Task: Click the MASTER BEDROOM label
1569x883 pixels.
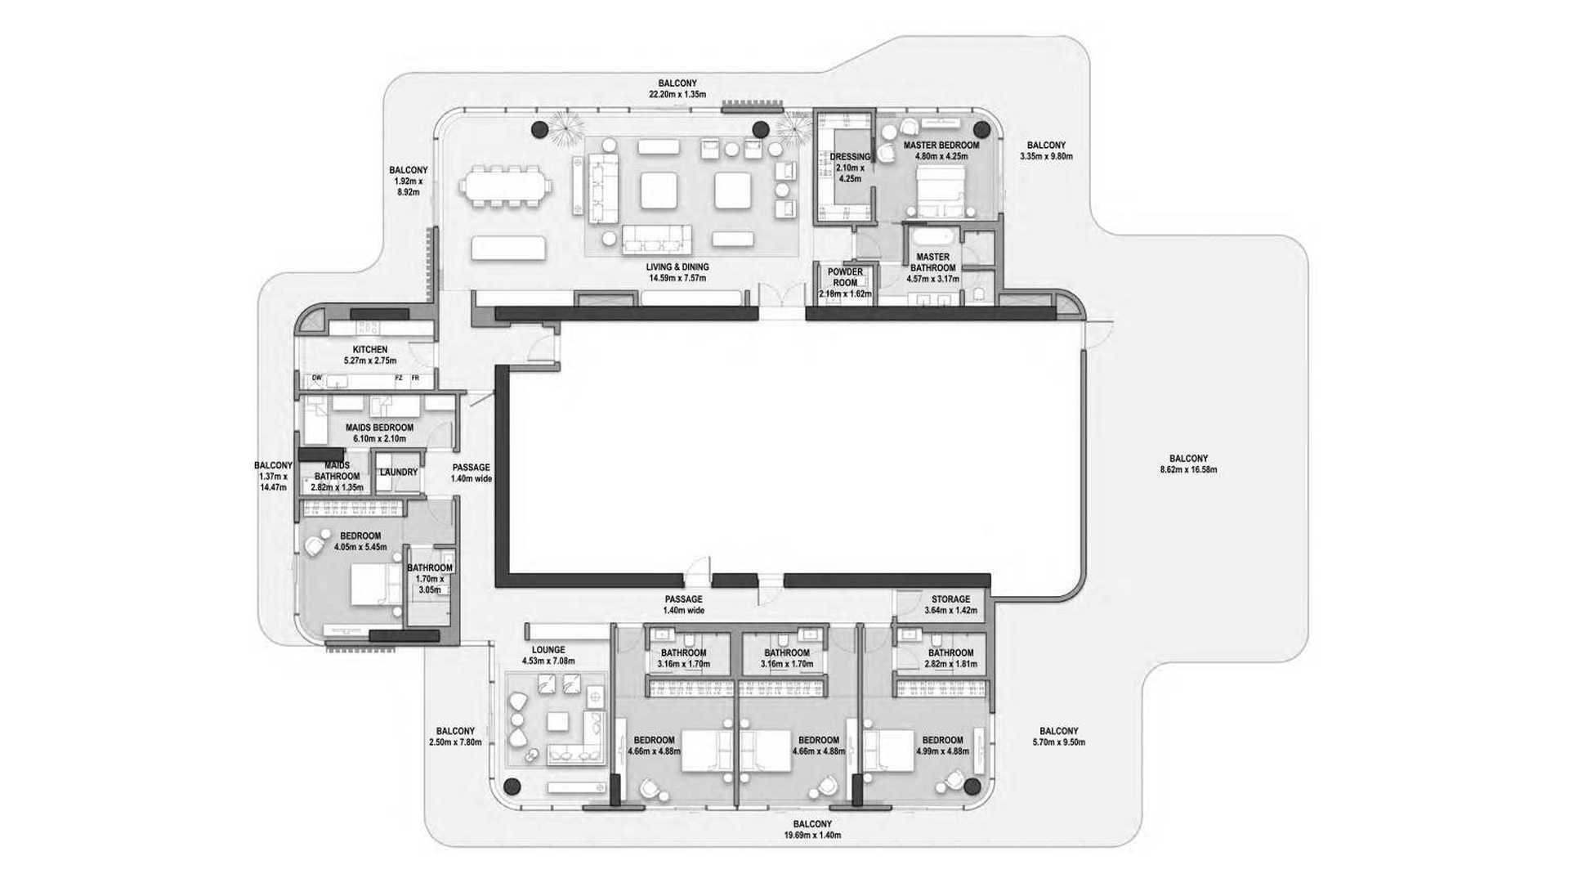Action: pos(941,146)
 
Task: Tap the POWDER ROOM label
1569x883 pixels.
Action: pos(845,278)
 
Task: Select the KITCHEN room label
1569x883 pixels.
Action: pos(370,350)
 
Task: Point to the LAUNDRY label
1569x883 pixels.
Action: pos(399,473)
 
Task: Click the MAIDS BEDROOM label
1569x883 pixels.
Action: pos(379,428)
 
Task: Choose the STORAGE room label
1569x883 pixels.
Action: pos(950,599)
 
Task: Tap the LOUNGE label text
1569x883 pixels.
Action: pos(548,650)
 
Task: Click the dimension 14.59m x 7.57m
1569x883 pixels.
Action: pos(677,278)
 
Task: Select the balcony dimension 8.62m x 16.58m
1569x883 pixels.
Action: pos(1188,470)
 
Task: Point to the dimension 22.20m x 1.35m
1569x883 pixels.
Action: pos(677,95)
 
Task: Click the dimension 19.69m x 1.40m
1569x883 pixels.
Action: pos(812,836)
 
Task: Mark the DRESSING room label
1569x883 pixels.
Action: pos(850,157)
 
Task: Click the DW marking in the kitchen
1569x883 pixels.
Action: pos(318,379)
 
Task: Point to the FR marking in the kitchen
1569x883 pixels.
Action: pos(415,379)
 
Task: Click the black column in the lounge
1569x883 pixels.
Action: pos(512,787)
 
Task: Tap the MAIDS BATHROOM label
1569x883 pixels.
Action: pos(337,471)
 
